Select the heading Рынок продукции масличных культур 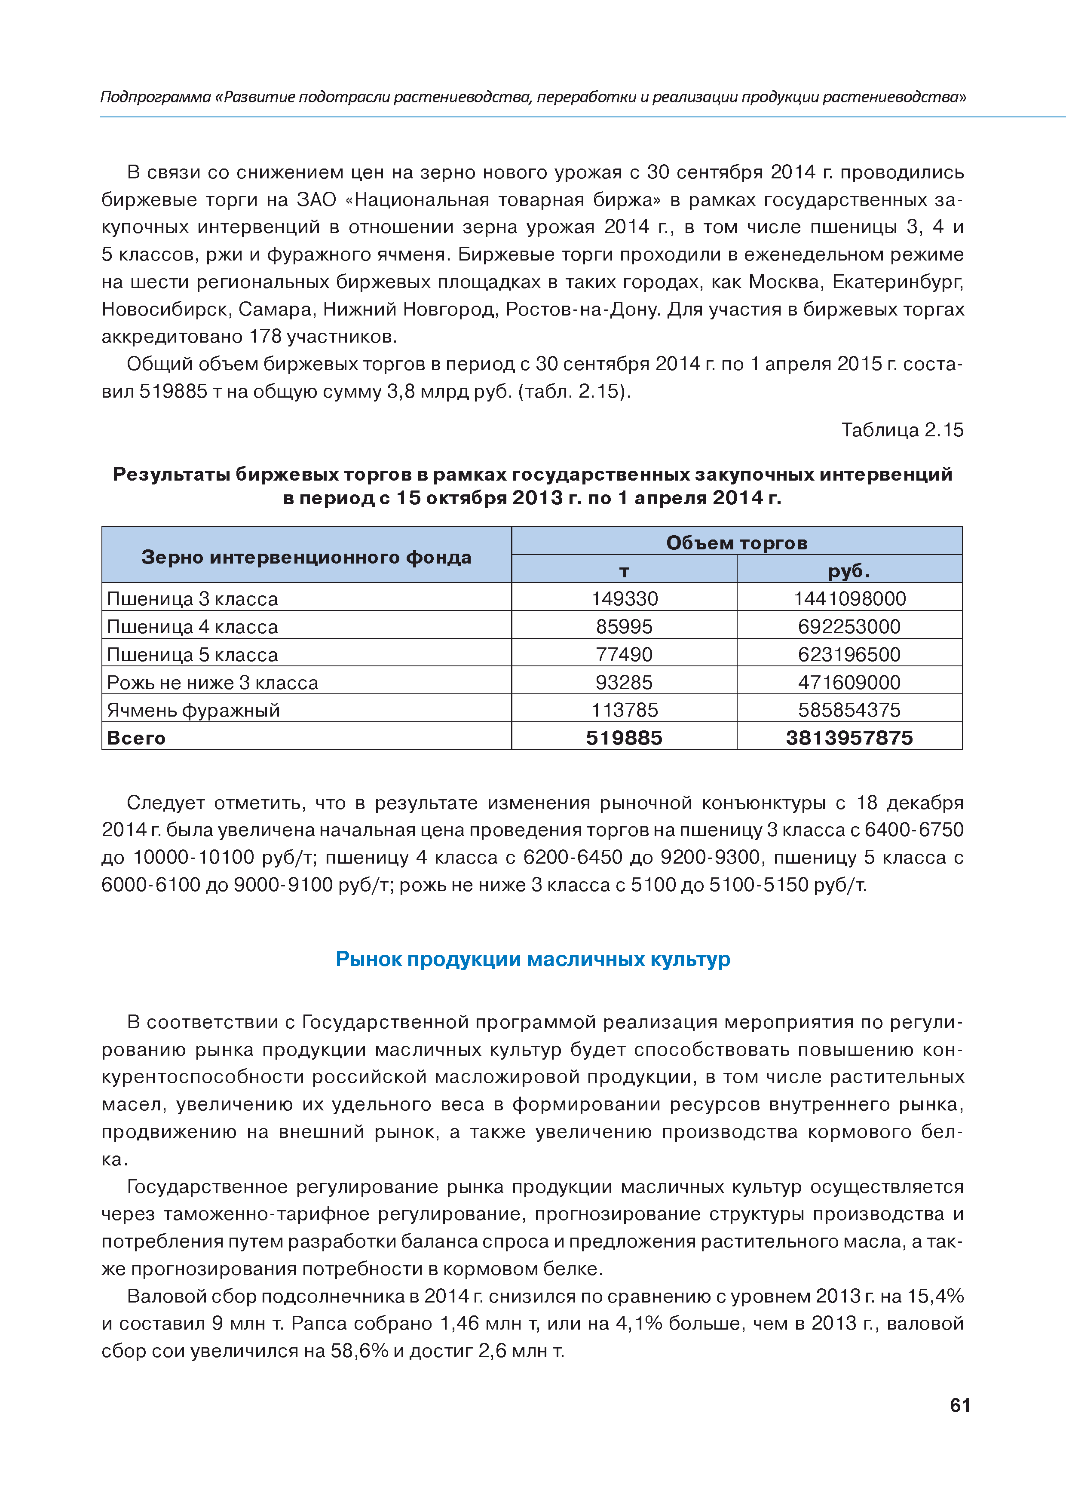click(533, 959)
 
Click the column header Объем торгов click(736, 543)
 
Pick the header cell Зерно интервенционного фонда click(306, 557)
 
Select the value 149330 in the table click(624, 599)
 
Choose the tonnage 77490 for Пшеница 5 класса click(624, 655)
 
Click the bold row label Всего click(136, 738)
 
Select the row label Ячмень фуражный click(193, 711)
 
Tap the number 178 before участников click(264, 337)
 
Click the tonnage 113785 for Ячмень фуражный click(624, 710)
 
